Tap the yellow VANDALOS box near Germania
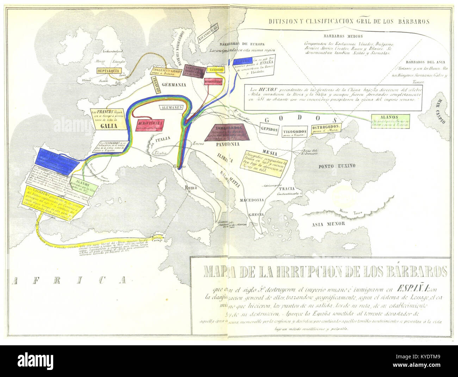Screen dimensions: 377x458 [216, 70]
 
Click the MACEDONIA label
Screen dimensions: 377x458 [252, 200]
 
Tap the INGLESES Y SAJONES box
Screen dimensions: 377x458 [167, 71]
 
